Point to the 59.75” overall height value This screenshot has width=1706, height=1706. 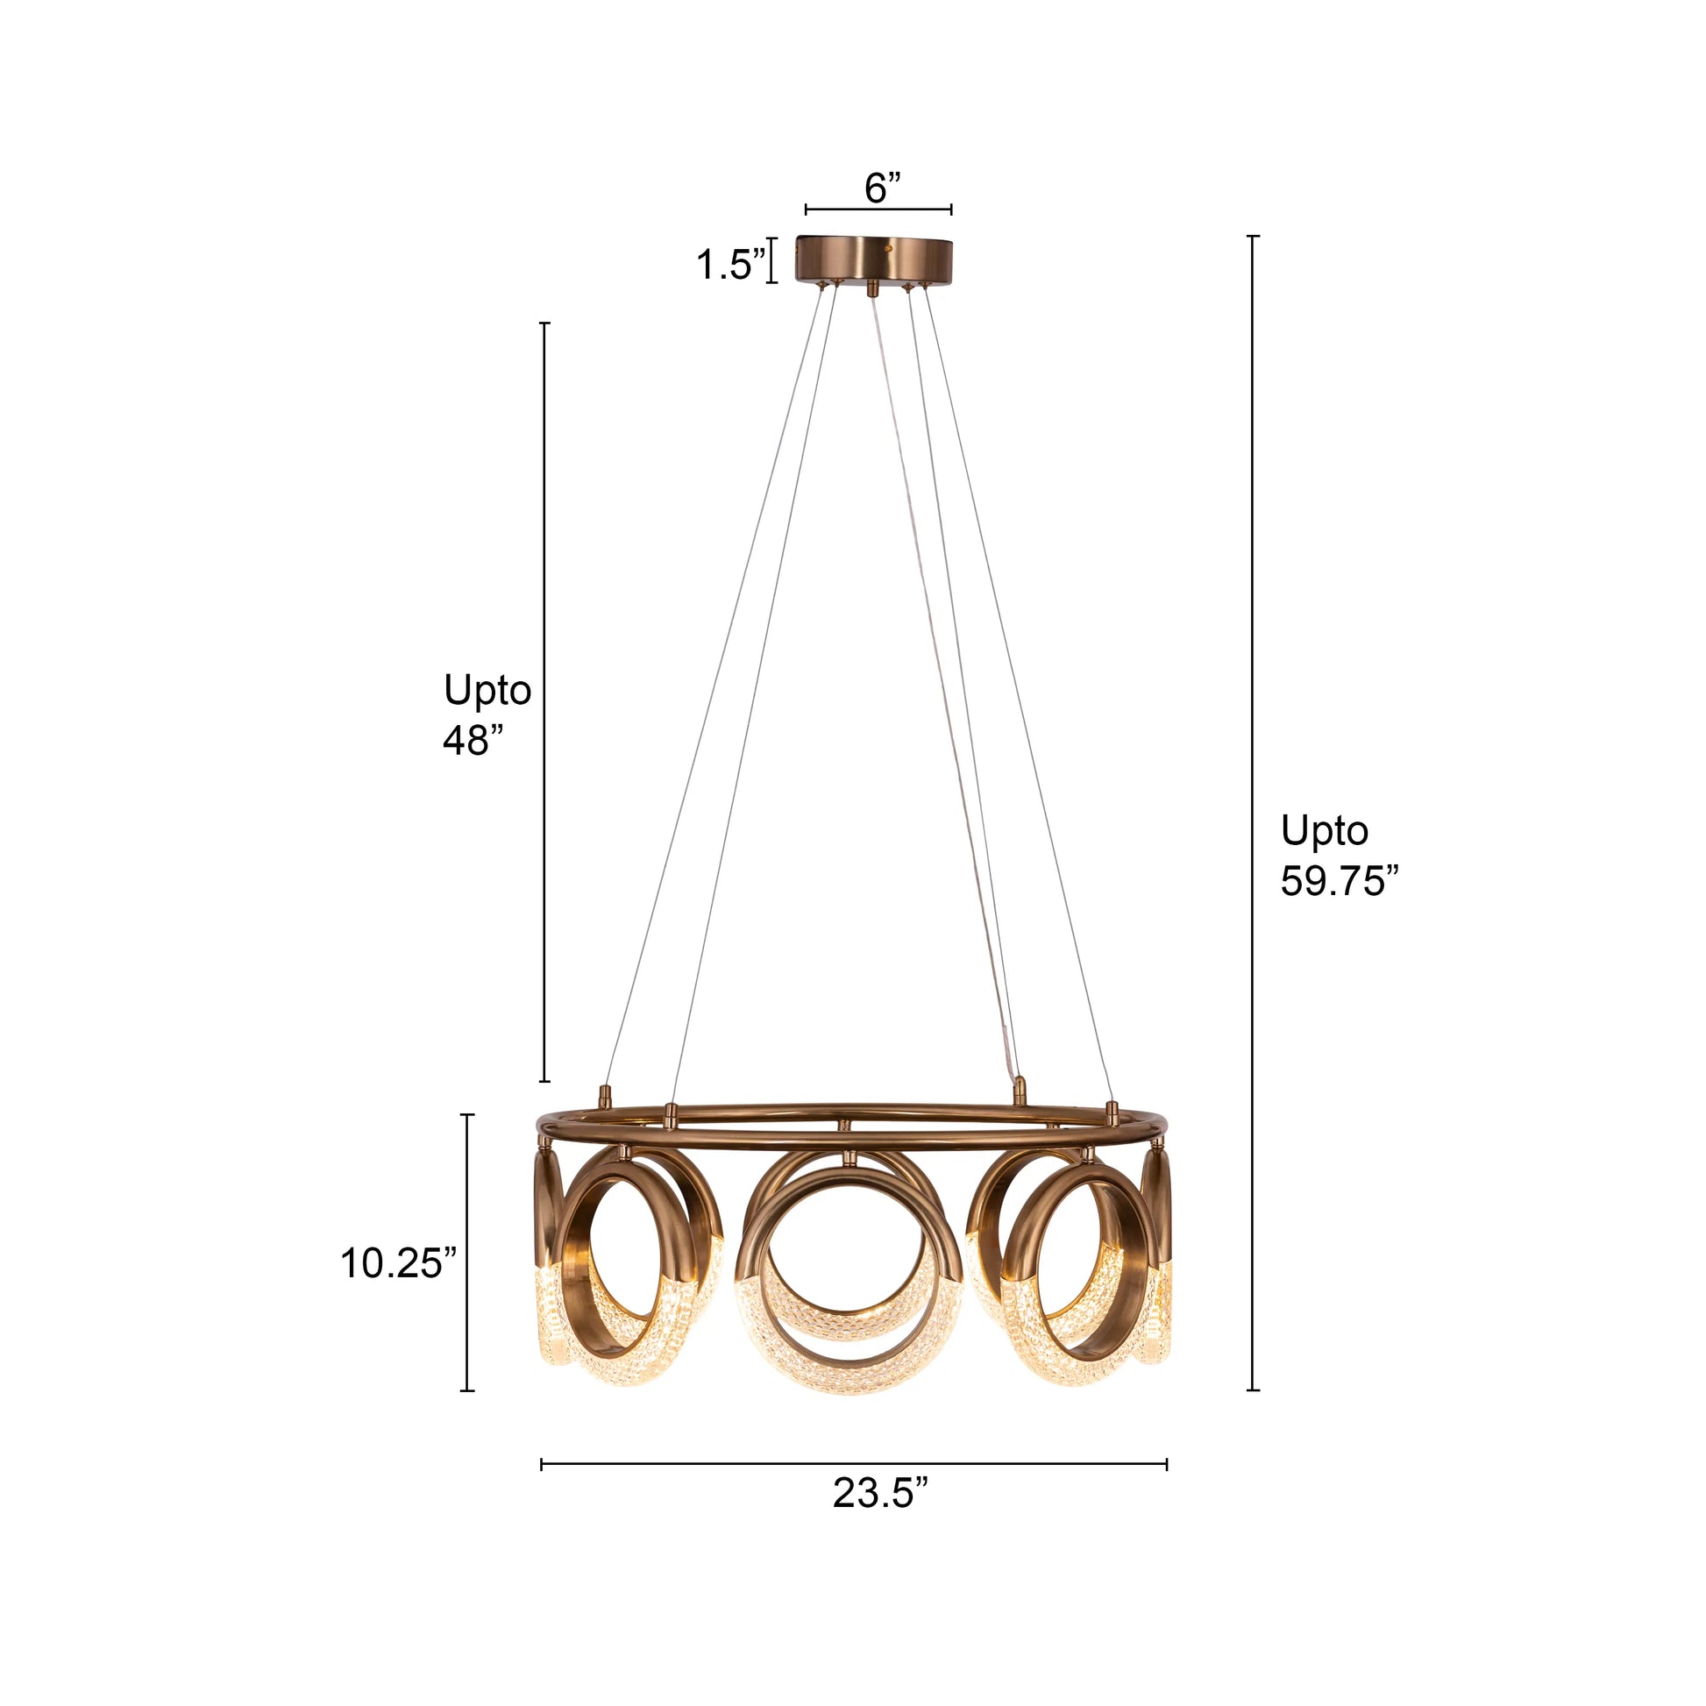tap(1339, 880)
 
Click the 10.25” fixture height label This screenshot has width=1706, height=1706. tap(398, 1263)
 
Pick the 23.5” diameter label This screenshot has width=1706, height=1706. tap(880, 1493)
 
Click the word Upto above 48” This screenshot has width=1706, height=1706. tap(487, 690)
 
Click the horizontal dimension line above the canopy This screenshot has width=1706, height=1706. tap(878, 210)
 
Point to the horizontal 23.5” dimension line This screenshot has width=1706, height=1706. tap(853, 1465)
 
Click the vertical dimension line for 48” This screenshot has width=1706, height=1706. tap(544, 702)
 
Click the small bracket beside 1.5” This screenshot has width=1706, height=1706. tap(771, 260)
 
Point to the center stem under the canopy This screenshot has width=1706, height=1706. tap(874, 288)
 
